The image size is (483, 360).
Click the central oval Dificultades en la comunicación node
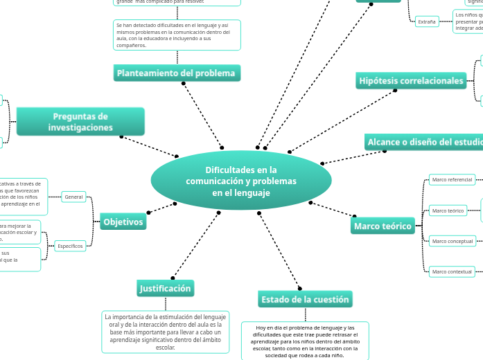click(240, 180)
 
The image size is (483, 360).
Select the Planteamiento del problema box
click(176, 73)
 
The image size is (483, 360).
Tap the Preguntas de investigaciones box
click(80, 121)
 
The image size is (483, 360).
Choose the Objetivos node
click(123, 222)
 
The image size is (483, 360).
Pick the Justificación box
click(165, 288)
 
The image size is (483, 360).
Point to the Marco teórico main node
click(383, 226)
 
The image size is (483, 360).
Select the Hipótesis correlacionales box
click(411, 81)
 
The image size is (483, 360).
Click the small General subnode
click(73, 197)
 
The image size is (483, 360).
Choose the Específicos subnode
click(71, 246)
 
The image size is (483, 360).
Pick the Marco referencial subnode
click(452, 180)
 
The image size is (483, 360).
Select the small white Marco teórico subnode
click(448, 210)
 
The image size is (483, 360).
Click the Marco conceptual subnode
click(452, 242)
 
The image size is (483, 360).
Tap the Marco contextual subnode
click(452, 271)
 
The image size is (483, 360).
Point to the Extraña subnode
click(427, 21)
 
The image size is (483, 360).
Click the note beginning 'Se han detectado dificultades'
click(177, 35)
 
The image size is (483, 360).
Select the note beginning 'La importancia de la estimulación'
click(166, 332)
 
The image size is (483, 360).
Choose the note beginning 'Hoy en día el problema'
click(305, 341)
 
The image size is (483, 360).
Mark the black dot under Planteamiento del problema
click(184, 83)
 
